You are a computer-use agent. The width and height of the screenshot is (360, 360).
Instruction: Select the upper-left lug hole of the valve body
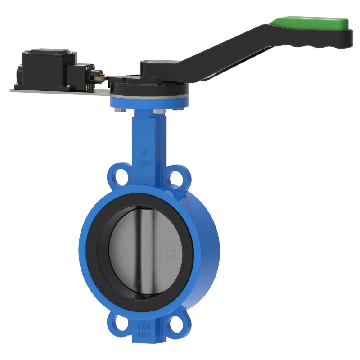coord(119,176)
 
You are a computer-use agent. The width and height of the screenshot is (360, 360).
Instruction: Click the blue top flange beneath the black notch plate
coord(148,102)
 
